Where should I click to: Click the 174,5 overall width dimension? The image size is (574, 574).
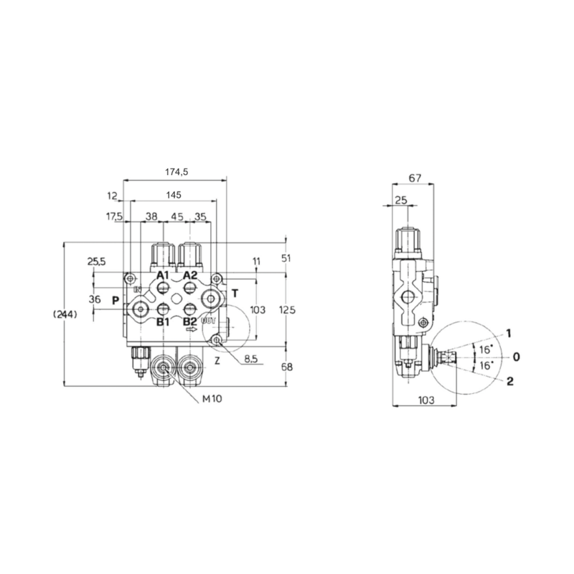coord(176,171)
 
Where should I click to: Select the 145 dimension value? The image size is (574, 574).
coord(172,195)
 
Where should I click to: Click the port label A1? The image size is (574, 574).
coord(163,276)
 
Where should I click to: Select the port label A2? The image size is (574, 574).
coord(189,276)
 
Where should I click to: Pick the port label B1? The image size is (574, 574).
coord(163,322)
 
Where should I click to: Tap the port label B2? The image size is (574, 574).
coord(189,322)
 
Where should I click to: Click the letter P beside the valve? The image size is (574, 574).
coord(115,299)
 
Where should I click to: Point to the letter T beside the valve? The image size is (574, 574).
coord(234,293)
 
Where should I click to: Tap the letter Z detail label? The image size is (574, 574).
coord(217,361)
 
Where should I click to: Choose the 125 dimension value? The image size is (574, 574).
coord(286,309)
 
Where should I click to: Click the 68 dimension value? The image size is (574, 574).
coord(286,367)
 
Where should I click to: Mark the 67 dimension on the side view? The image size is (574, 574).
coord(414,177)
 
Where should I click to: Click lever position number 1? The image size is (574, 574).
coord(508,333)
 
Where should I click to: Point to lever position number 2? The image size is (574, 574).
coord(509,381)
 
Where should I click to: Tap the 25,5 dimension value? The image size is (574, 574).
coord(96,261)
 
